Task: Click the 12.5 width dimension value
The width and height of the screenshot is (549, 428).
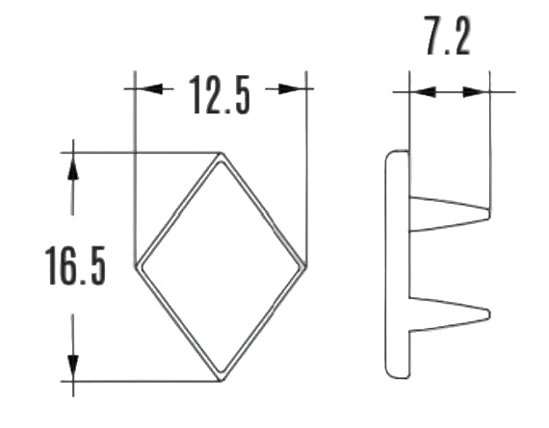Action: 220,94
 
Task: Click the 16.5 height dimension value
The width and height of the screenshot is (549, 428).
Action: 75,267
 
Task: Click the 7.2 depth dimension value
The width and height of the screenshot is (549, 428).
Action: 448,40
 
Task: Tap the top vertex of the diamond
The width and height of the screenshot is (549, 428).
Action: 221,154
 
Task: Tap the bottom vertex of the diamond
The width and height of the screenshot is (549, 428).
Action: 221,379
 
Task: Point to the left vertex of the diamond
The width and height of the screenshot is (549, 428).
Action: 136,266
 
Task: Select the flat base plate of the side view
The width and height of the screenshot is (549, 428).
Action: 397,264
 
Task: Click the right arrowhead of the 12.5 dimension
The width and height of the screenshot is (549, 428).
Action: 295,88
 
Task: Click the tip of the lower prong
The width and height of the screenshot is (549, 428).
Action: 489,313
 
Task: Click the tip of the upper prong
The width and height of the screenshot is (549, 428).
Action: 488,213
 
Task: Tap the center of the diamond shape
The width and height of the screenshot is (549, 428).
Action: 221,266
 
